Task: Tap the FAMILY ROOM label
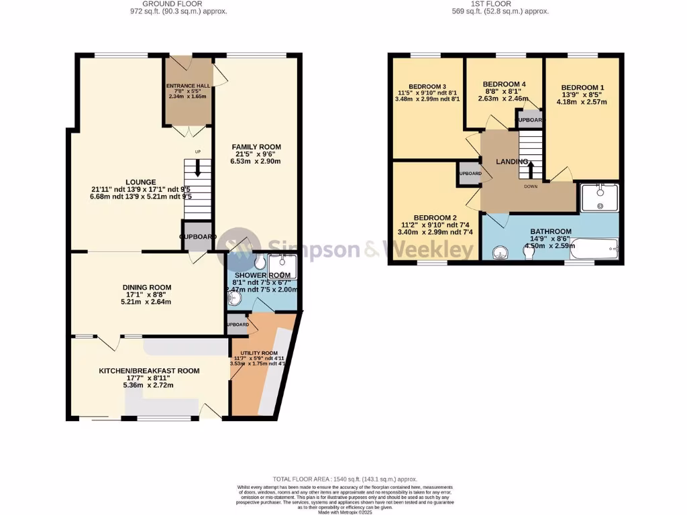coord(256,147)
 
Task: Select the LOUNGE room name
coord(140,182)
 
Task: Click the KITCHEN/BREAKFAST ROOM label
coord(149,370)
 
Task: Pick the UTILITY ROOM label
coord(254,353)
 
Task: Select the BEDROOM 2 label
coord(435,218)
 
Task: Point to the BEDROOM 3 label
coord(427,87)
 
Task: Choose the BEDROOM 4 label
coord(504,84)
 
